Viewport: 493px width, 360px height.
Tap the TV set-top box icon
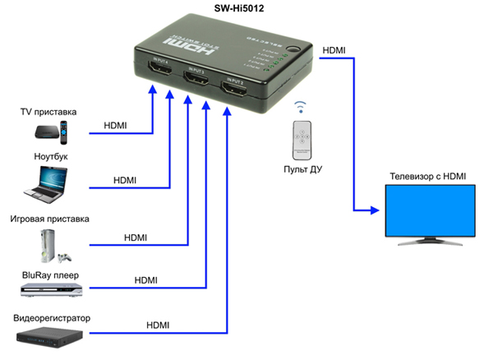[52, 132]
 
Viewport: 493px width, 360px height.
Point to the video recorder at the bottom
[49, 335]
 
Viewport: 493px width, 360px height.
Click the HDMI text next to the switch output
[334, 50]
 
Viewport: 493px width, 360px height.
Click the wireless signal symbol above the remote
[302, 108]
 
